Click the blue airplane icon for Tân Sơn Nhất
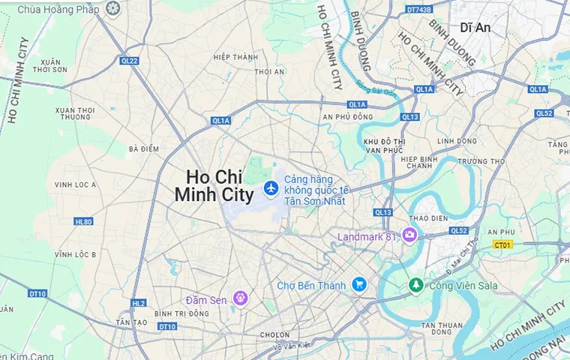(271, 187)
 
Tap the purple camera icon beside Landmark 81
(409, 235)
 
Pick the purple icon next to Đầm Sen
(240, 298)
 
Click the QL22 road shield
(129, 61)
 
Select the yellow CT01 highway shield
(502, 244)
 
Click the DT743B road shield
(418, 10)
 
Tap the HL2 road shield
(138, 304)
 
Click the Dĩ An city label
(475, 27)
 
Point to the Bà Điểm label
(144, 148)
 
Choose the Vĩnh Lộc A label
(75, 184)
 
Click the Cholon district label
(274, 334)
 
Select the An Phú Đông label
(347, 116)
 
